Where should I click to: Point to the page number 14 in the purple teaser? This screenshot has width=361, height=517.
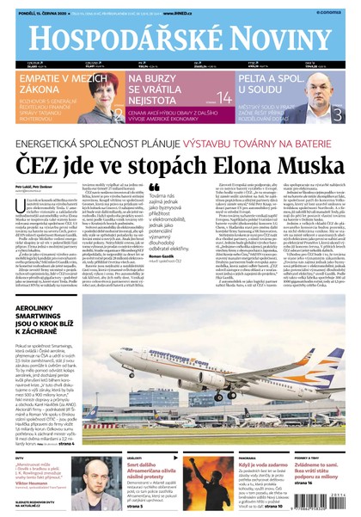click(x=223, y=97)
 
